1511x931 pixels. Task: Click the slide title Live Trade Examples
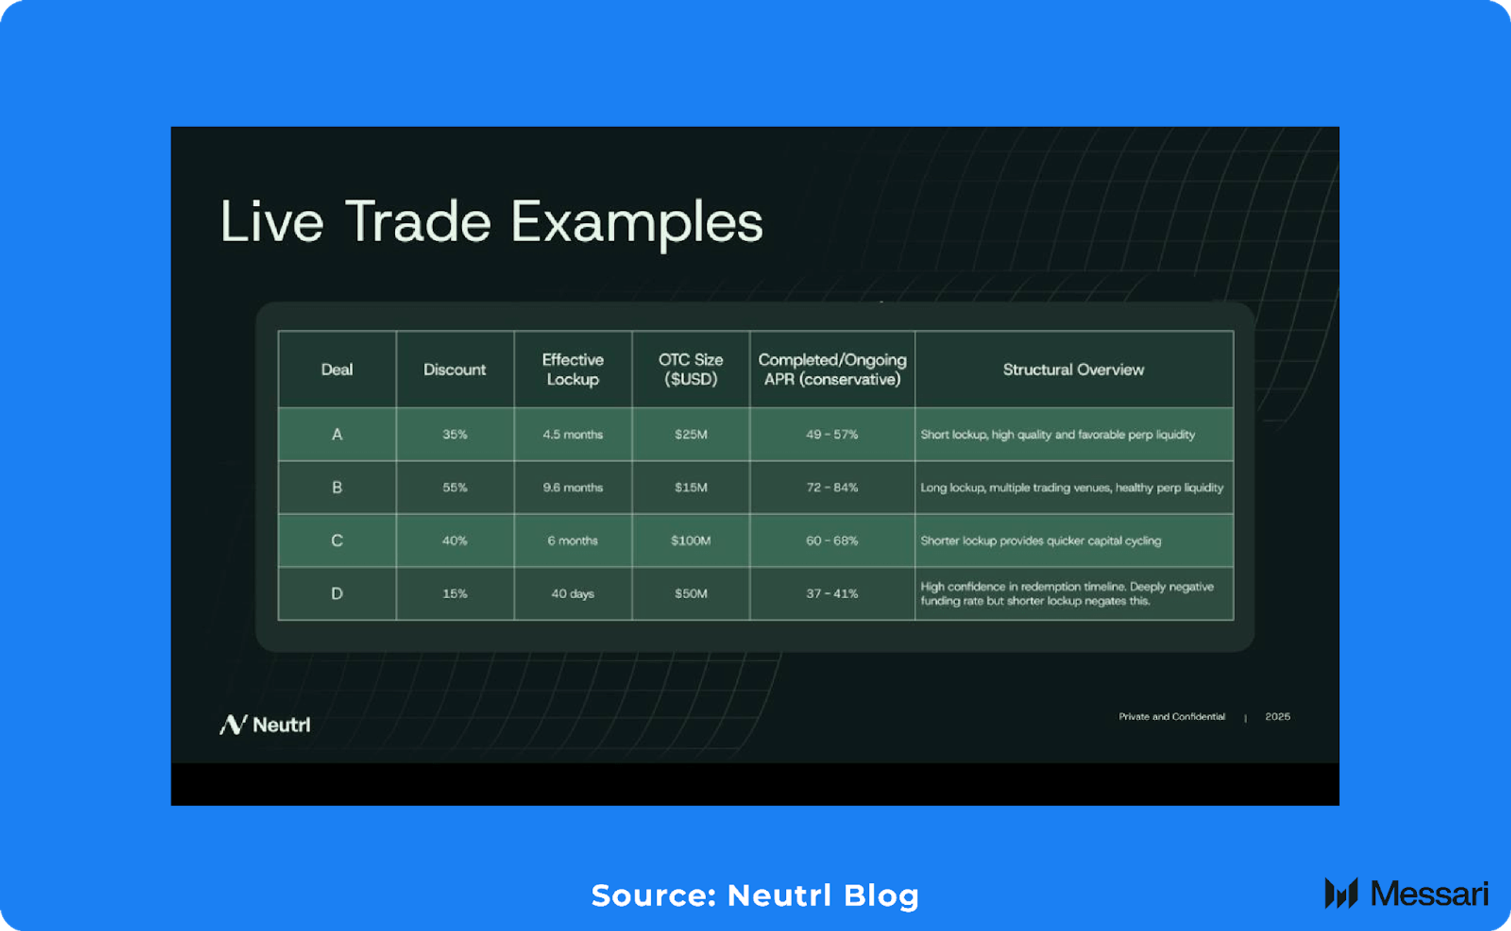(x=491, y=222)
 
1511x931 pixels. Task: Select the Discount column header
(x=454, y=370)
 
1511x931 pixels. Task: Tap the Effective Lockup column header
(x=572, y=370)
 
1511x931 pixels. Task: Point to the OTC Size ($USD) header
(x=691, y=370)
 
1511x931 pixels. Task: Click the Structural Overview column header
(x=1073, y=370)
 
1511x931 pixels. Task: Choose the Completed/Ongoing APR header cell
(x=832, y=370)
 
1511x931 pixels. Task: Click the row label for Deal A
(x=337, y=434)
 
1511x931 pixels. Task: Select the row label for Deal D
(x=337, y=594)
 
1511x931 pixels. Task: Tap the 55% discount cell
(x=454, y=487)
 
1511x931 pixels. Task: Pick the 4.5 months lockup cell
(x=572, y=434)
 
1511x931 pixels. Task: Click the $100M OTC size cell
(x=691, y=541)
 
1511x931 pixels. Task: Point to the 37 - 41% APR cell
(x=832, y=594)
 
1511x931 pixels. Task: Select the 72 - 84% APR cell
(x=832, y=487)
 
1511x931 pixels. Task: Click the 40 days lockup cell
(x=572, y=594)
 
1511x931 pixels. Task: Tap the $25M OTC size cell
(x=691, y=434)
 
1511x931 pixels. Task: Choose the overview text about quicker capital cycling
(x=1040, y=541)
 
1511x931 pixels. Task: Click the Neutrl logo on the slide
(x=265, y=724)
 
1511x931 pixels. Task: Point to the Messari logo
(x=1406, y=894)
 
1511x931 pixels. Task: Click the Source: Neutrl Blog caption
(x=755, y=896)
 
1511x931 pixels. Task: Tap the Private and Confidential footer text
(x=1171, y=717)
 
